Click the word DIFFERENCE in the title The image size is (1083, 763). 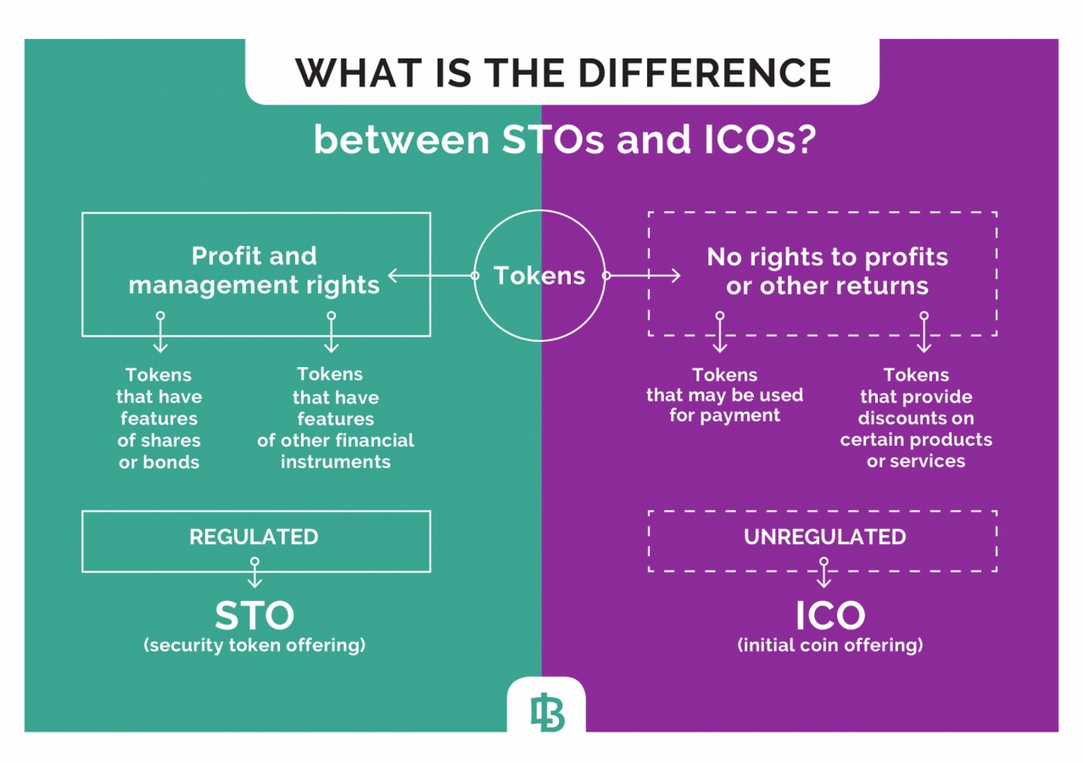pyautogui.click(x=705, y=73)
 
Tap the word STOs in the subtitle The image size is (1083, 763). pyautogui.click(x=553, y=140)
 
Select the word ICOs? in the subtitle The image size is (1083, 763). pyautogui.click(x=760, y=140)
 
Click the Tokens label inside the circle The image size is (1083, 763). pyautogui.click(x=539, y=276)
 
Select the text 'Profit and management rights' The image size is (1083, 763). pyautogui.click(x=254, y=270)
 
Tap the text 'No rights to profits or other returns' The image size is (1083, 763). pyautogui.click(x=827, y=271)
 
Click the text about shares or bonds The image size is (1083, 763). pyautogui.click(x=159, y=419)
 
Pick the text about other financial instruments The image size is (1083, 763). pyautogui.click(x=336, y=418)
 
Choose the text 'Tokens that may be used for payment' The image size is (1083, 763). pyautogui.click(x=725, y=395)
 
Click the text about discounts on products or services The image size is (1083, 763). pyautogui.click(x=916, y=418)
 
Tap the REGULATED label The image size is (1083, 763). pyautogui.click(x=254, y=537)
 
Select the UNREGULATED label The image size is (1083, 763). pyautogui.click(x=825, y=537)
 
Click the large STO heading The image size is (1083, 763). pyautogui.click(x=254, y=615)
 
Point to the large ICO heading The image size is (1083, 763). pyautogui.click(x=830, y=615)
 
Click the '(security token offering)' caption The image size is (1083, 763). pyautogui.click(x=254, y=645)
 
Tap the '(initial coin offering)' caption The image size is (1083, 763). pyautogui.click(x=830, y=645)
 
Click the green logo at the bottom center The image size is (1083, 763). pyautogui.click(x=547, y=712)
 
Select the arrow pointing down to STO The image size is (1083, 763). pyautogui.click(x=254, y=572)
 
